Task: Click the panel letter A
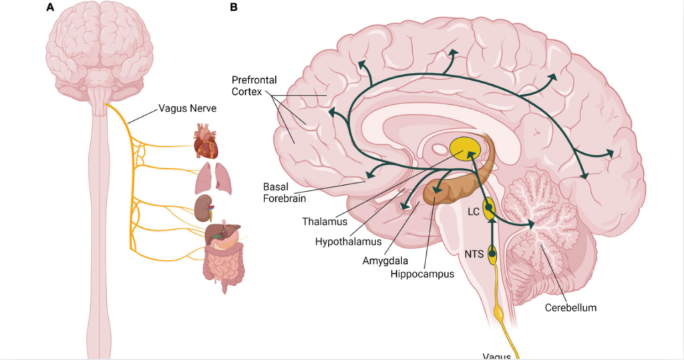click(x=50, y=8)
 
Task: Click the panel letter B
click(x=233, y=8)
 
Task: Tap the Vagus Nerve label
click(x=187, y=108)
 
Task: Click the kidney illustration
click(x=204, y=208)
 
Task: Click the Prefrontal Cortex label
click(x=254, y=85)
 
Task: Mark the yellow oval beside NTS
click(x=492, y=254)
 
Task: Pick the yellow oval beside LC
click(x=489, y=210)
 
